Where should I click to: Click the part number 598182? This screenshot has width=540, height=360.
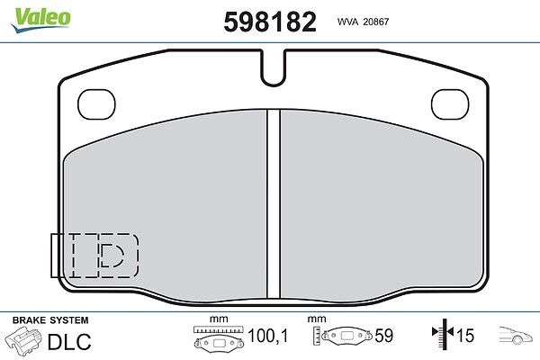pyautogui.click(x=270, y=22)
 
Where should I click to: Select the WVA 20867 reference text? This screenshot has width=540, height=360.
pyautogui.click(x=363, y=22)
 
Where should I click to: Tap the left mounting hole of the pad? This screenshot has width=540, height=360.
pyautogui.click(x=96, y=104)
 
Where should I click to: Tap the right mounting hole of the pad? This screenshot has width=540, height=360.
pyautogui.click(x=450, y=104)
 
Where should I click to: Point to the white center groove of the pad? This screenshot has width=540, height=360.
pyautogui.click(x=274, y=204)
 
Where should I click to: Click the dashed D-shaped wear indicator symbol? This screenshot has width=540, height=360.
pyautogui.click(x=112, y=256)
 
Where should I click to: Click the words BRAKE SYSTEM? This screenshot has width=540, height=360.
pyautogui.click(x=50, y=320)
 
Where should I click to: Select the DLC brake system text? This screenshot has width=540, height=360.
pyautogui.click(x=69, y=341)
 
